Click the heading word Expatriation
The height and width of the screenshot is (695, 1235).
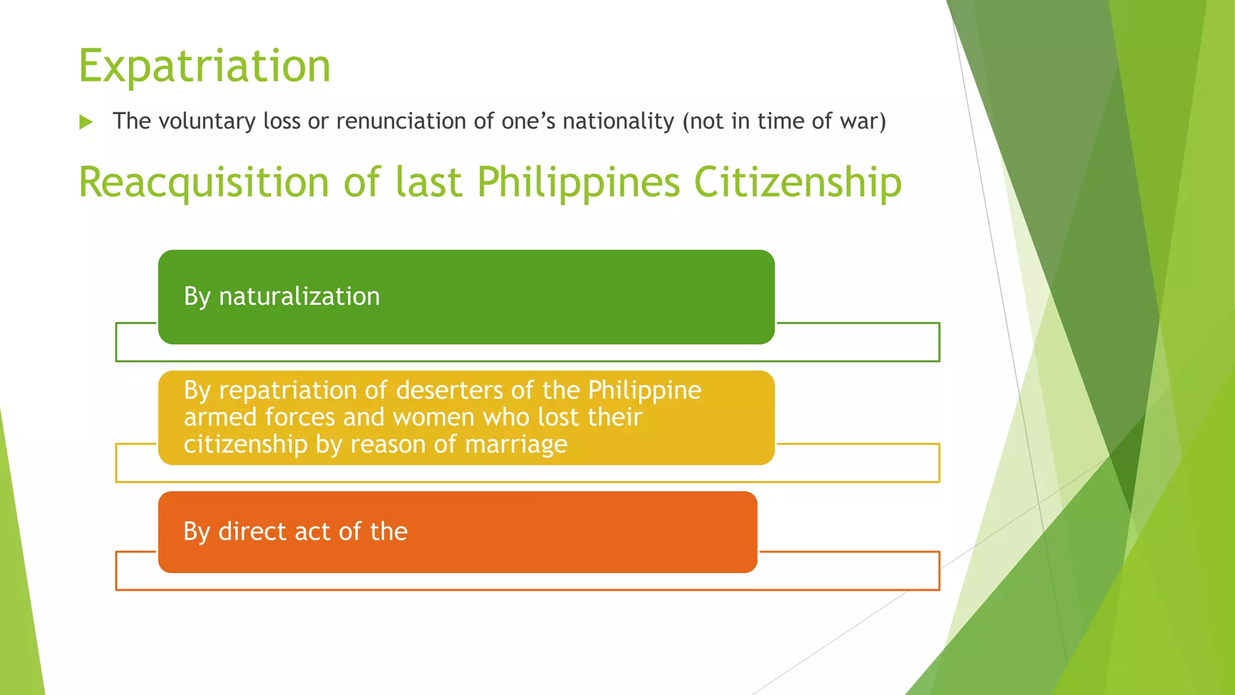coord(204,66)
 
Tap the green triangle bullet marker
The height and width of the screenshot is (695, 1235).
coord(86,122)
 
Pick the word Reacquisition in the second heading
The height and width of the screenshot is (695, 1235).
coord(204,182)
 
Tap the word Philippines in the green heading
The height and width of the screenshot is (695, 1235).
coord(578,182)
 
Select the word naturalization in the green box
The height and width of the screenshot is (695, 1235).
coord(299,296)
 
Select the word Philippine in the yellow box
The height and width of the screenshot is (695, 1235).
coord(644,390)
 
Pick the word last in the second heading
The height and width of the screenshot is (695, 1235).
coord(428,182)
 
